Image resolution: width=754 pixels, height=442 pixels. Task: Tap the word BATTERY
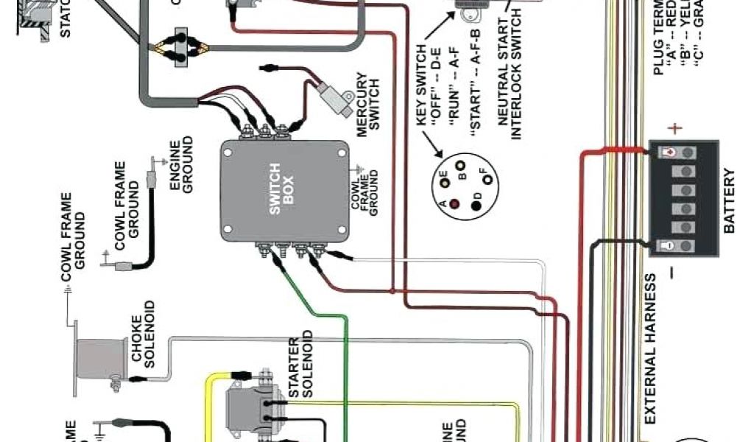(729, 201)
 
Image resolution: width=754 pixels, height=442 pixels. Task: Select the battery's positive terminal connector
(668, 152)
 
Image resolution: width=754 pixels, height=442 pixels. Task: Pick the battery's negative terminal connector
(668, 245)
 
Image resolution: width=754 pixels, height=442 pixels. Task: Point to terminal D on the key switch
(477, 205)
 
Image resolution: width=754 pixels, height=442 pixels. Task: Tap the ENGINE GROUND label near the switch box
(181, 164)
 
